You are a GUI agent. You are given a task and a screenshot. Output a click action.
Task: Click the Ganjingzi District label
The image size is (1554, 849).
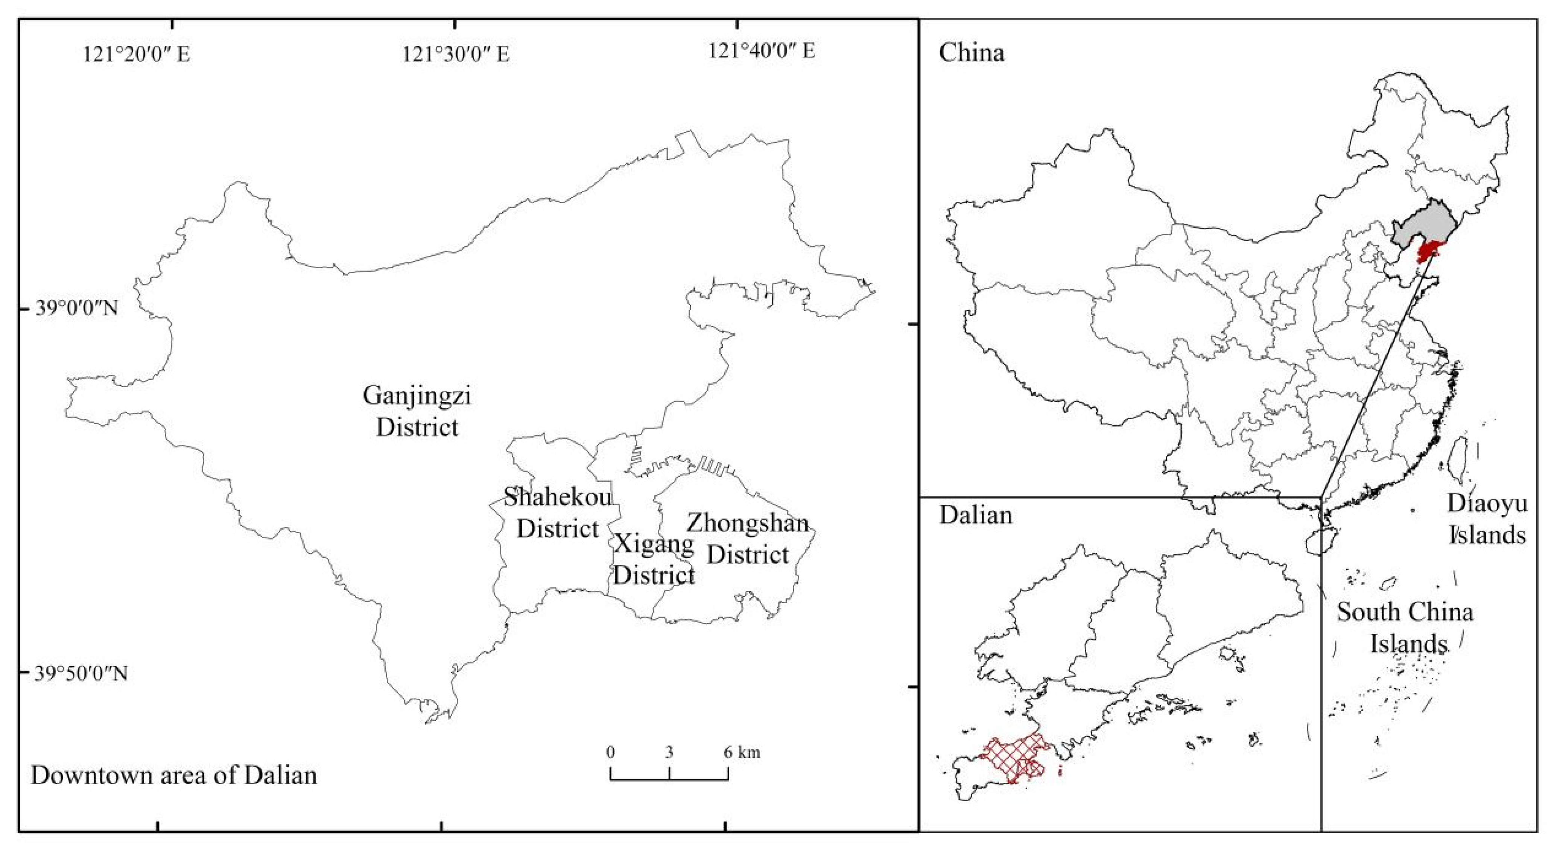pos(417,412)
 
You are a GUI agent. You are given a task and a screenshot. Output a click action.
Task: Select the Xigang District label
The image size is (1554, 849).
pos(654,559)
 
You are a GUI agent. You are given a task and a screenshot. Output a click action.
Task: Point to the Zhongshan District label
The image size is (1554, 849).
pos(748,538)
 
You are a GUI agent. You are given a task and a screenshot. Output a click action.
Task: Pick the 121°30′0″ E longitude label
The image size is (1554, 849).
pos(456,54)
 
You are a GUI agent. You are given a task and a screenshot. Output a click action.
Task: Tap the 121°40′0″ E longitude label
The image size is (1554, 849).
pos(761,51)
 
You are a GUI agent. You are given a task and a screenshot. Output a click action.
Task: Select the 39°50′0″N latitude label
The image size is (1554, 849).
pos(80,673)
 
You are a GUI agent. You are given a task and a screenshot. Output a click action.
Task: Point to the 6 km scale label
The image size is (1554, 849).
pos(742,752)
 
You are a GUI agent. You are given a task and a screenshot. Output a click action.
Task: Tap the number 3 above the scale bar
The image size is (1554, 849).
pos(669,752)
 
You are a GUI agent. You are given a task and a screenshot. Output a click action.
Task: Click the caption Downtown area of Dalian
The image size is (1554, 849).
pos(174,775)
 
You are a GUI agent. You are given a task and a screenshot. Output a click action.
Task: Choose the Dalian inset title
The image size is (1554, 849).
pos(975,515)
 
